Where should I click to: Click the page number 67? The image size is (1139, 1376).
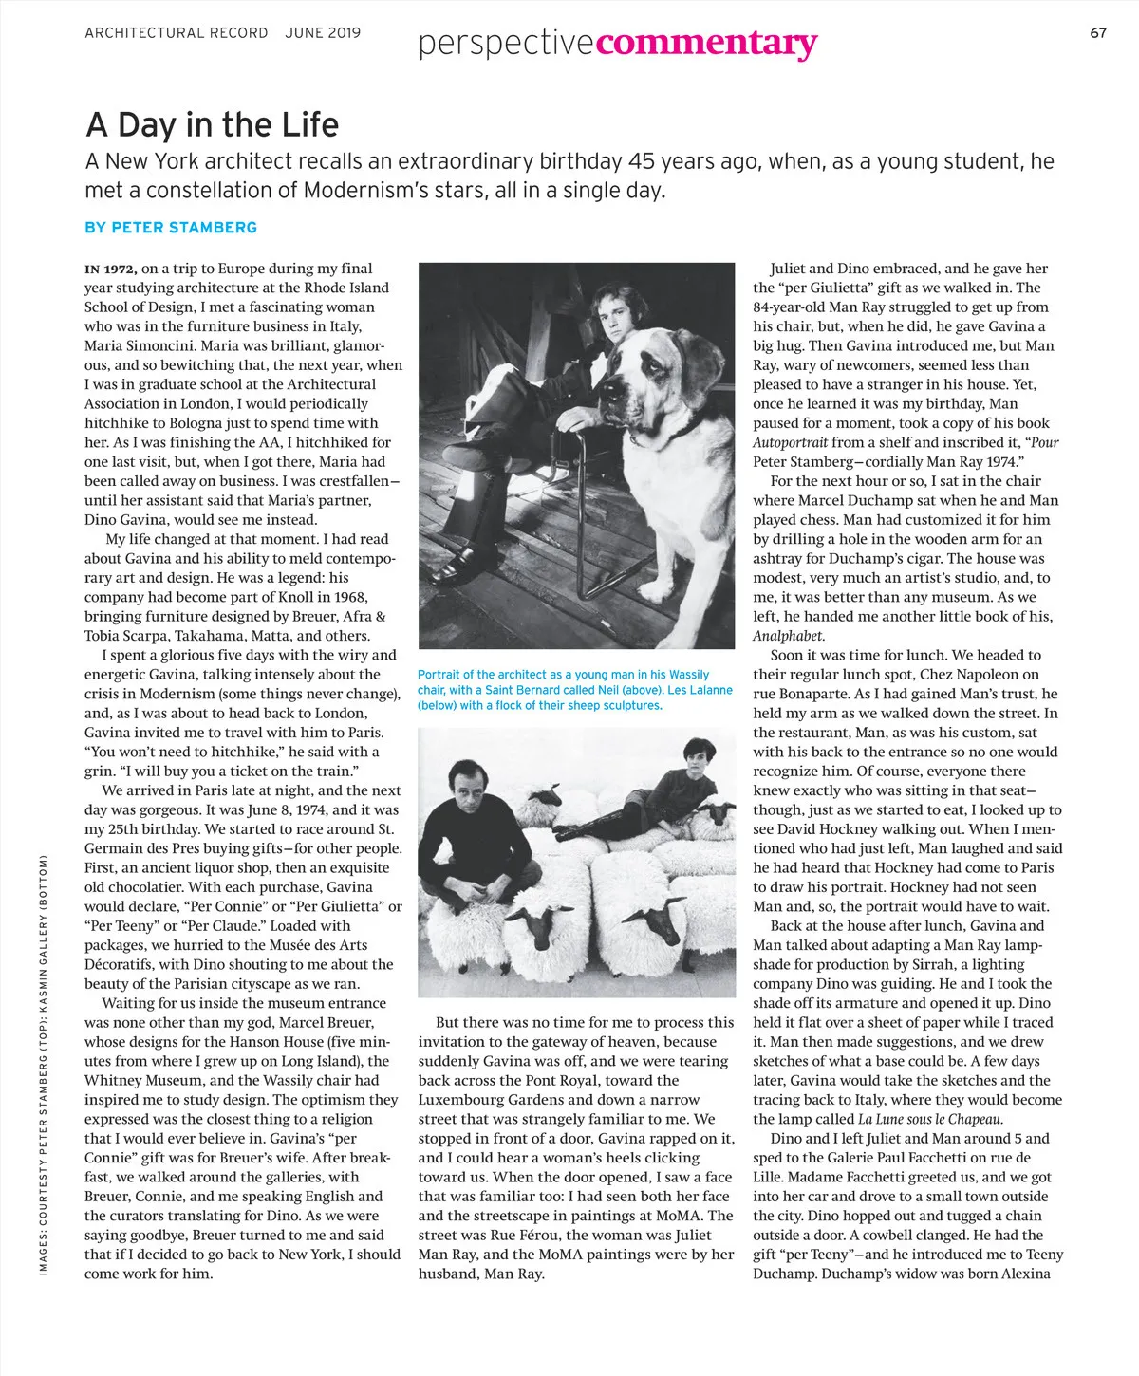coord(1098,33)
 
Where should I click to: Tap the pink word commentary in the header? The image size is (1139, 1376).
coord(707,43)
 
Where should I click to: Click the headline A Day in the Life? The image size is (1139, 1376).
coord(212,124)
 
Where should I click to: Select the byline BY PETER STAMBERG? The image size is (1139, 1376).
coord(171,228)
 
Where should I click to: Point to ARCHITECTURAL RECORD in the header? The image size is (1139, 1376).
coord(177,33)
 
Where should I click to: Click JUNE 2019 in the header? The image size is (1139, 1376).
coord(323,33)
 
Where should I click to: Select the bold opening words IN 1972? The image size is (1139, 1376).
coord(111,269)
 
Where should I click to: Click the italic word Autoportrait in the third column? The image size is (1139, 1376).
coord(791,442)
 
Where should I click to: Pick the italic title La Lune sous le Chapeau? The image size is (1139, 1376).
coord(917,1120)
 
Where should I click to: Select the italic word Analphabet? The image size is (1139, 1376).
coord(789,636)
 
